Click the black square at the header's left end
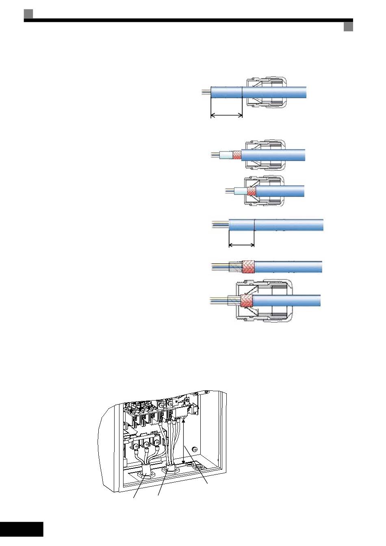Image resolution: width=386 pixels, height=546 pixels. point(28,14)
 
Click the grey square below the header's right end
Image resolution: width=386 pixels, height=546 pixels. point(348,27)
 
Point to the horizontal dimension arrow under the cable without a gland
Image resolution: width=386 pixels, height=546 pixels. point(242,245)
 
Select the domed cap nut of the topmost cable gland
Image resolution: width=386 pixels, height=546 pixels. point(280,92)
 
